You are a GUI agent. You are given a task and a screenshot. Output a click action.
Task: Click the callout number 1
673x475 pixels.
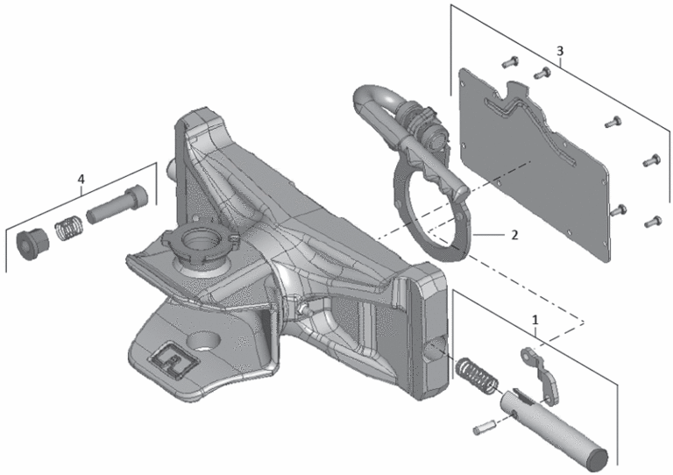click(535, 320)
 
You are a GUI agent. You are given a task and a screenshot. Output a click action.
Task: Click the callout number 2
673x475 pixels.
click(514, 235)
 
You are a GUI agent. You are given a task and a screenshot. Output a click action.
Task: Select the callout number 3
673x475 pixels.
click(560, 51)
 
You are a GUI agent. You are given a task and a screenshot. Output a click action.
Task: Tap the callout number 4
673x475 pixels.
click(81, 179)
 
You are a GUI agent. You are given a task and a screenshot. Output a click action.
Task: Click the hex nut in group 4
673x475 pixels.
click(32, 245)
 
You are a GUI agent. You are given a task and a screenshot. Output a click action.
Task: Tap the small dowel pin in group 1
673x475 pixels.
click(484, 427)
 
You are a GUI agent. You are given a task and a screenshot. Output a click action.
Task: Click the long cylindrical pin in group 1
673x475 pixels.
click(554, 429)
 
